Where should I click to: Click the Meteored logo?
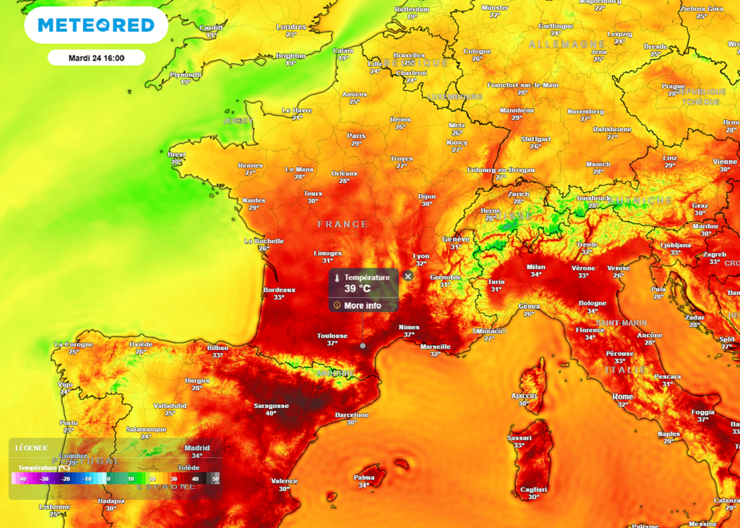[x=96, y=25]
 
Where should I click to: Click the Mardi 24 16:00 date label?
[x=96, y=58]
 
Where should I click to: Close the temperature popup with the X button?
[x=408, y=276]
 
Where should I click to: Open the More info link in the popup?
[x=362, y=305]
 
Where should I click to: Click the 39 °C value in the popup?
[x=357, y=289]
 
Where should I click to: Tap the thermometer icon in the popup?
[x=337, y=278]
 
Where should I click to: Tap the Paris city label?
[x=356, y=136]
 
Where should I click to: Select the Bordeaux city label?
[x=279, y=289]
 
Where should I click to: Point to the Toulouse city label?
[x=332, y=336]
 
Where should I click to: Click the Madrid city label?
[x=197, y=448]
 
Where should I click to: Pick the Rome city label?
[x=622, y=397]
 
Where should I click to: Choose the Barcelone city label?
[x=352, y=415]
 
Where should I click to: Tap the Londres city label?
[x=291, y=27]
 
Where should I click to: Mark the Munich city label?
[x=598, y=164]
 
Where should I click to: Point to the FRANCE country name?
[x=343, y=224]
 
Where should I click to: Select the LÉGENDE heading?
[x=32, y=448]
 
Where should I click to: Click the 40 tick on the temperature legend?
[x=196, y=479]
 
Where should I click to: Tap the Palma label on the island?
[x=363, y=477]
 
